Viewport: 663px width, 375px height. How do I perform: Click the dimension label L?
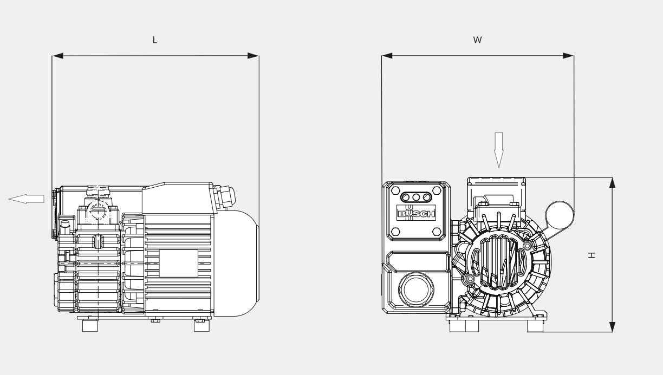click(x=155, y=40)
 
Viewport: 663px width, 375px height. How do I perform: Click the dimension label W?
click(x=477, y=40)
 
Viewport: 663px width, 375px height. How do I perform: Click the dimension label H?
click(x=591, y=255)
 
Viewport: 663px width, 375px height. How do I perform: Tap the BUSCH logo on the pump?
click(x=416, y=213)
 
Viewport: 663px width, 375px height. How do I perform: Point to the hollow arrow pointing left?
click(x=27, y=199)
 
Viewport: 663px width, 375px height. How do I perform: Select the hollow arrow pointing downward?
click(x=499, y=150)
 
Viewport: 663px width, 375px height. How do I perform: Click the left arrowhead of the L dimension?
click(x=58, y=56)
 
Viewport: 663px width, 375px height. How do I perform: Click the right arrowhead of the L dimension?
click(x=253, y=56)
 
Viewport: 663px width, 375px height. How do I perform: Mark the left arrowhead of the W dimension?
click(x=387, y=56)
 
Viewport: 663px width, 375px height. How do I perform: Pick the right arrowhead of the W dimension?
click(x=568, y=56)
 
